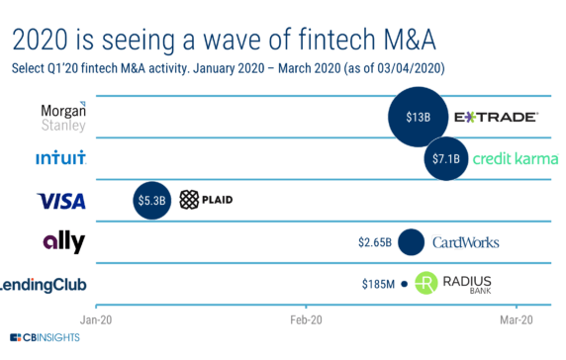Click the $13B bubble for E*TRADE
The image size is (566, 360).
click(x=418, y=117)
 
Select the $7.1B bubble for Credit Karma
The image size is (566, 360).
click(x=446, y=158)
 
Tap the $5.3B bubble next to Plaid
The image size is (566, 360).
click(x=152, y=201)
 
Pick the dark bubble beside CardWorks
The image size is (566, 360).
click(x=411, y=242)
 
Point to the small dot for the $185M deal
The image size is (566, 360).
click(x=404, y=285)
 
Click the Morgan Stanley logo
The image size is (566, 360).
click(x=63, y=117)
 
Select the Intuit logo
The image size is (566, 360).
click(x=60, y=158)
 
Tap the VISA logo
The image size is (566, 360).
click(x=61, y=201)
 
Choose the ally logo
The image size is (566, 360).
click(x=63, y=242)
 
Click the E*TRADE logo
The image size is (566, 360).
click(x=496, y=117)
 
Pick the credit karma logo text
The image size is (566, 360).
click(x=515, y=158)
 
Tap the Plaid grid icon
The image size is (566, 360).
click(x=189, y=201)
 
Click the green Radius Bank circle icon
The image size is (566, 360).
click(x=425, y=285)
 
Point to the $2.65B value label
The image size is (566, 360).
click(x=375, y=242)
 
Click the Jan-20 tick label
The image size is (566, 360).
click(x=96, y=319)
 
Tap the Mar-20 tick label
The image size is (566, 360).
click(x=517, y=319)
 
